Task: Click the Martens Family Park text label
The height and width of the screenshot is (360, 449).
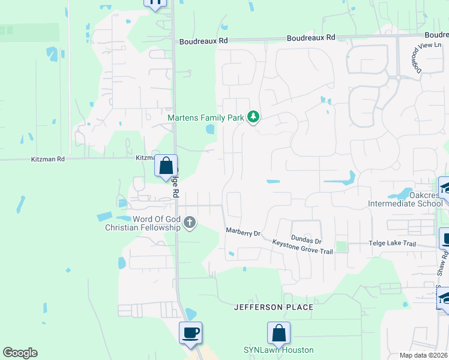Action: coord(205,118)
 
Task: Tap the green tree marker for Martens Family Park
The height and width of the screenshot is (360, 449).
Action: coord(253,117)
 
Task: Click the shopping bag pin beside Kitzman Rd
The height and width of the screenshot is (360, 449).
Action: coord(166,166)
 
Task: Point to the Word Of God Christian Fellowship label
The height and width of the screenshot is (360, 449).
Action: coord(143,223)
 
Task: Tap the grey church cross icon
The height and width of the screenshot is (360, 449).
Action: coord(190,223)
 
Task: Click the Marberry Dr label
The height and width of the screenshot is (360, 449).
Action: coord(243,231)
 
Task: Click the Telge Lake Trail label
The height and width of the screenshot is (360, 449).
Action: coord(391,244)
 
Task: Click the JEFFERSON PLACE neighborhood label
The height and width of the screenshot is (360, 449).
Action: coord(274,307)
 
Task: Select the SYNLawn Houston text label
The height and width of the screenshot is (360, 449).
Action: coord(278,350)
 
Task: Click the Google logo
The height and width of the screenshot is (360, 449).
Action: coord(20,353)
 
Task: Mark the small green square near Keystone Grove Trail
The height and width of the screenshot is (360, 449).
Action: coord(341,246)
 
